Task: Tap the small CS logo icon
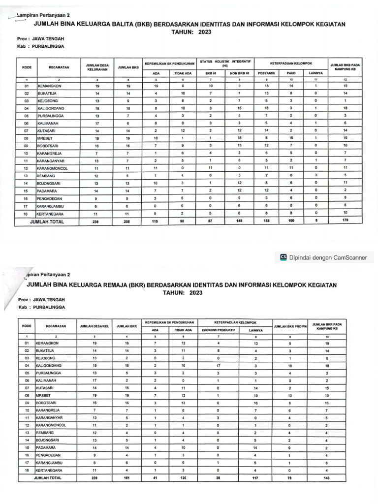tap(283, 256)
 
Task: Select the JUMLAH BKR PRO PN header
tap(290, 326)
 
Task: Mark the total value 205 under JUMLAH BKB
tap(127, 222)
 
